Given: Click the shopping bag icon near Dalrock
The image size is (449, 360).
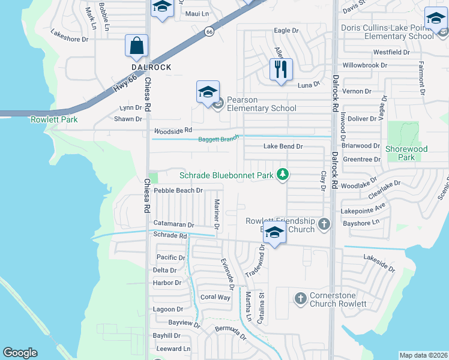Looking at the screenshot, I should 137,46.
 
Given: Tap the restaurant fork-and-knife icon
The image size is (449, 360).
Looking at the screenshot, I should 280,70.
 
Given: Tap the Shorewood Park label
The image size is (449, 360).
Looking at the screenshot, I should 406,154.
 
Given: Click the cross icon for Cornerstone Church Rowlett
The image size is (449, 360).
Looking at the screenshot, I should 301,298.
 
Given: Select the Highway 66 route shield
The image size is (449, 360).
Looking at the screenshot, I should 208,31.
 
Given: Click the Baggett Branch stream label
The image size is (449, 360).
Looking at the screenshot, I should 218,139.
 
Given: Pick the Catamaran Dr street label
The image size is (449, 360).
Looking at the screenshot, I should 173,224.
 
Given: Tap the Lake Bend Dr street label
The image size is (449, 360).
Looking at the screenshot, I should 283,146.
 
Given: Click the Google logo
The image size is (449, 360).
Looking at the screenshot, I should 20,353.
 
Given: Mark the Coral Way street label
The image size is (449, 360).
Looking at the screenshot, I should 215,297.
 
